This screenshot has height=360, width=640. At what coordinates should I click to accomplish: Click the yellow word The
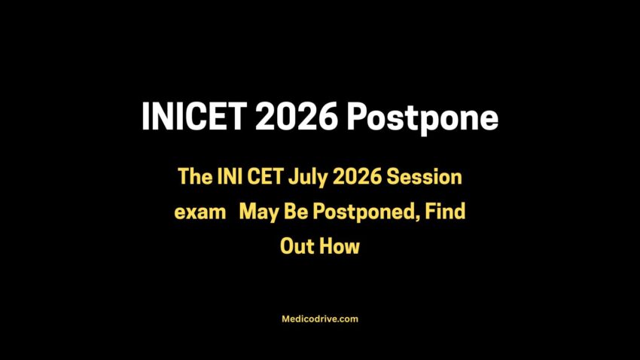click(x=195, y=178)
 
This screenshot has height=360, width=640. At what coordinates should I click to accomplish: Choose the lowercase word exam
click(x=200, y=212)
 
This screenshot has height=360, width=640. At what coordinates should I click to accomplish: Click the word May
click(x=258, y=212)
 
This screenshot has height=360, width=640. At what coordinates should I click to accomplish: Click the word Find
click(x=444, y=212)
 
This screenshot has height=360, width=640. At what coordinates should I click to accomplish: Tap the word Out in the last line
click(x=297, y=246)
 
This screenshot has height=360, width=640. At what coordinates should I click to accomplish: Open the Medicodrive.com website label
click(x=320, y=319)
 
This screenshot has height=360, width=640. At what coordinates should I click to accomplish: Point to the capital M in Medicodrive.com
click(x=285, y=319)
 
